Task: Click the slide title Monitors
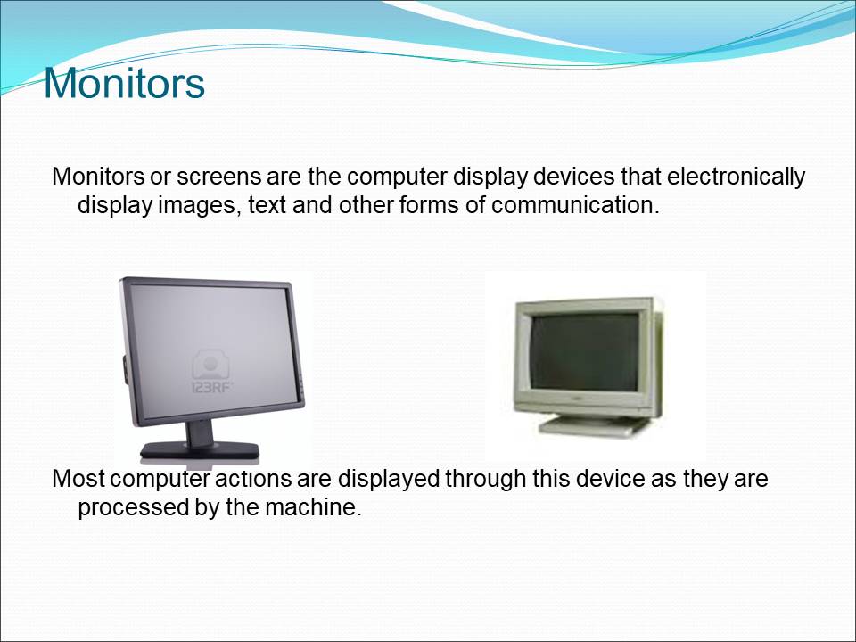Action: click(124, 83)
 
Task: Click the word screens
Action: click(218, 177)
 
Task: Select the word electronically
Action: click(736, 177)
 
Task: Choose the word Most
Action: click(78, 479)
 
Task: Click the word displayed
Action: click(388, 479)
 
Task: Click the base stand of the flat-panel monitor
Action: click(200, 450)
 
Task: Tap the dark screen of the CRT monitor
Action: click(584, 352)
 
